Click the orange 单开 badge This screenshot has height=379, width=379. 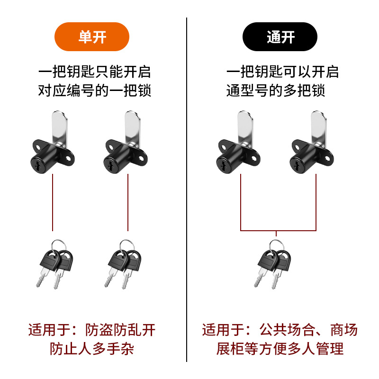coord(92,37)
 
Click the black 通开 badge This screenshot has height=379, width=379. coord(280,37)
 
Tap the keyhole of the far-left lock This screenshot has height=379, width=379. coord(37,165)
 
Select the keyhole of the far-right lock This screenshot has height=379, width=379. coord(297,165)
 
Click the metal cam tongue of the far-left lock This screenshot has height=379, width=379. coord(60,128)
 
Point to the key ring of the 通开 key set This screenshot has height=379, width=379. coord(277,246)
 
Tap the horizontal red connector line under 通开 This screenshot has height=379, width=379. coord(278,231)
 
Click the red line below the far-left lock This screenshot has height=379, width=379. coord(53,203)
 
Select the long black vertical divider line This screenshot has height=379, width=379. coord(187,190)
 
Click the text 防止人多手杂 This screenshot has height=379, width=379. coord(92,349)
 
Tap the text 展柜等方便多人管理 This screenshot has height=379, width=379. coord(280,349)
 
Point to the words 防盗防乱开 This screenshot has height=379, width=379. coord(120,330)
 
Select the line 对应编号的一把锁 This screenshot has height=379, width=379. coord(94,90)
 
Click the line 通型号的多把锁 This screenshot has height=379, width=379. coord(276,90)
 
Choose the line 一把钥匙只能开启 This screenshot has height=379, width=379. coord(94,72)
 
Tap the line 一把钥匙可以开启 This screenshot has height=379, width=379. coord(282,72)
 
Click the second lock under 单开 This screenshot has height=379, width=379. coord(126,142)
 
